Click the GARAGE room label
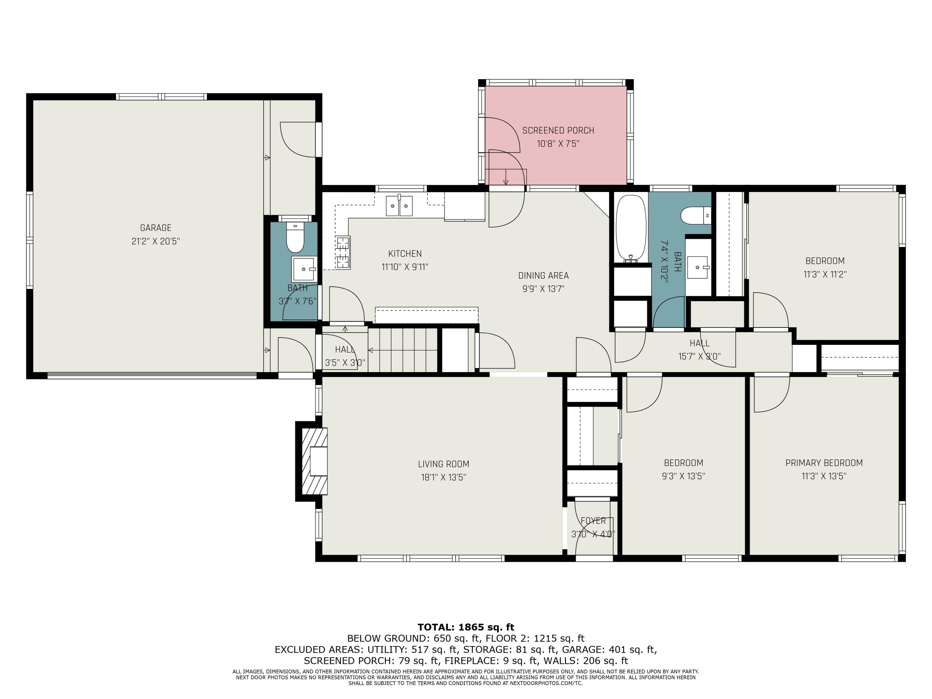coord(155,227)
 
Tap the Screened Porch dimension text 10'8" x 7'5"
coord(558,144)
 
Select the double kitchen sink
coord(399,206)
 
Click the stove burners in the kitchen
coord(343,252)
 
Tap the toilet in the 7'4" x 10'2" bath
coord(695,215)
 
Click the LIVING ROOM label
coord(443,464)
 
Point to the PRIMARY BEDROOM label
coord(824,463)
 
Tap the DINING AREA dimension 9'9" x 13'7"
coord(543,289)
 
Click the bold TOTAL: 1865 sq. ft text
coord(466,627)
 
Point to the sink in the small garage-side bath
coord(303,269)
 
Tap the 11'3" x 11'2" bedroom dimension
coord(825,274)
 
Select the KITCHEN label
coord(404,253)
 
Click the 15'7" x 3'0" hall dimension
coord(699,356)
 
